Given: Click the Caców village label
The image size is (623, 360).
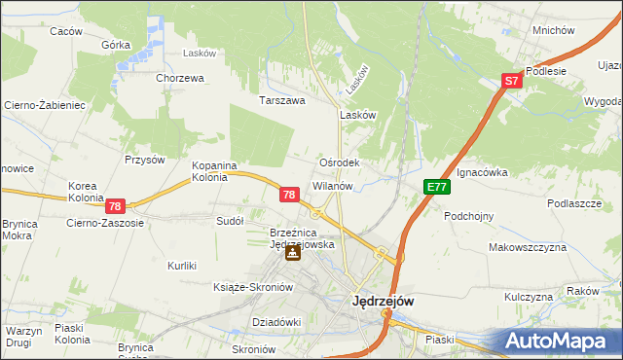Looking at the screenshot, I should tap(66, 31).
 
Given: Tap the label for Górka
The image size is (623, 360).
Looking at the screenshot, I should tap(116, 45).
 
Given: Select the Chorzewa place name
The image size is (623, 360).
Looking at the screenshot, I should tap(179, 78).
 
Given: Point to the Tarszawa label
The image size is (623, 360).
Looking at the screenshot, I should tap(282, 100).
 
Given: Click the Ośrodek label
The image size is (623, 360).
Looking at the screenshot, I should tap(340, 163).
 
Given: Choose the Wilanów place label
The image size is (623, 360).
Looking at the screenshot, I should tap(338, 185).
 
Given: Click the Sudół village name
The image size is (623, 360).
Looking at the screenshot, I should tap(229, 221).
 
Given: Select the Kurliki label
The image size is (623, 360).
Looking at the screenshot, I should tap(182, 266).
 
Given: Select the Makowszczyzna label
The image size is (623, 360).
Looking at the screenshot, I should tap(528, 248).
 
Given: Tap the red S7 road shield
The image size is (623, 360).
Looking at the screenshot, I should tap(513, 83).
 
